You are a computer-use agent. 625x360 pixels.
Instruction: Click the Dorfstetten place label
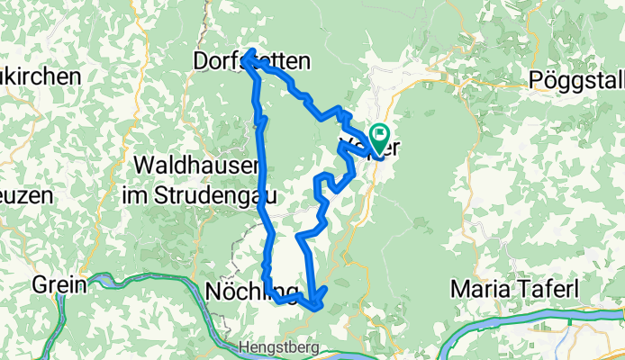pos(253,62)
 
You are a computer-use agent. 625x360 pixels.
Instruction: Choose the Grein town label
pos(59,286)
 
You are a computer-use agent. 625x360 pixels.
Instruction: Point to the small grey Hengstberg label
pos(274,346)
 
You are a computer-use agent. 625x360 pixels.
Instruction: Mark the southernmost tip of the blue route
pos(315,307)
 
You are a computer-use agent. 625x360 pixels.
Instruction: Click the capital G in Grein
pos(40,286)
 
